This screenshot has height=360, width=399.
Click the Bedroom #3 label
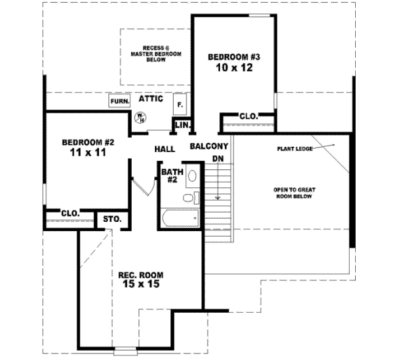[233, 56]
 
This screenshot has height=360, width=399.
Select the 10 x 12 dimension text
[233, 68]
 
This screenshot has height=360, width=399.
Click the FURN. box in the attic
[119, 101]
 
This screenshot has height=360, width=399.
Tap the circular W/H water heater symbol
[141, 118]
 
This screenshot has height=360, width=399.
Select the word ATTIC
[152, 98]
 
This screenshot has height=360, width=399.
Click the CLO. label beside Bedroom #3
[248, 116]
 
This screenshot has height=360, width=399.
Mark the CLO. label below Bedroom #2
[70, 213]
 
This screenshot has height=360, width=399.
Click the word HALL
[164, 149]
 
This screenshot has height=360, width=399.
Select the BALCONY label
[209, 146]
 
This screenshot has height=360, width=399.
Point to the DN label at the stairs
[217, 158]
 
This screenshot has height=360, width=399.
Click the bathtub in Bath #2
[179, 218]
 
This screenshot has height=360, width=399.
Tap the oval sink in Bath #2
[192, 176]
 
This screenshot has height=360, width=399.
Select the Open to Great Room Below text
[293, 193]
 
